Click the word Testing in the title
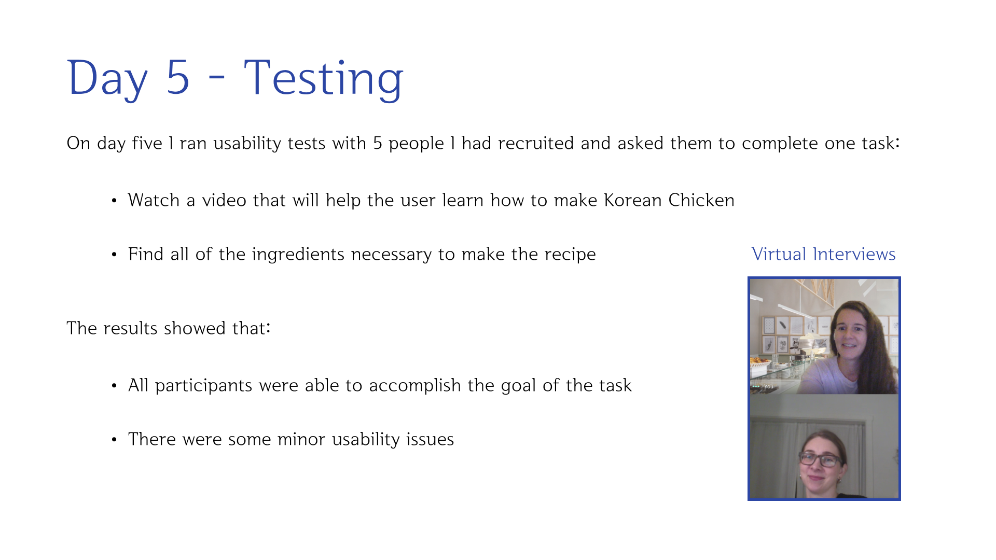323,79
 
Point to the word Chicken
701,200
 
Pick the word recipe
570,255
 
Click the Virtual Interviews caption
823,254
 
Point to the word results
130,328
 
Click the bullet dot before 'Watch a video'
114,201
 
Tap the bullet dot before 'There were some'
114,440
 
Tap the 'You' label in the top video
769,386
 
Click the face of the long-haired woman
851,332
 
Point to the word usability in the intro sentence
247,143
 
